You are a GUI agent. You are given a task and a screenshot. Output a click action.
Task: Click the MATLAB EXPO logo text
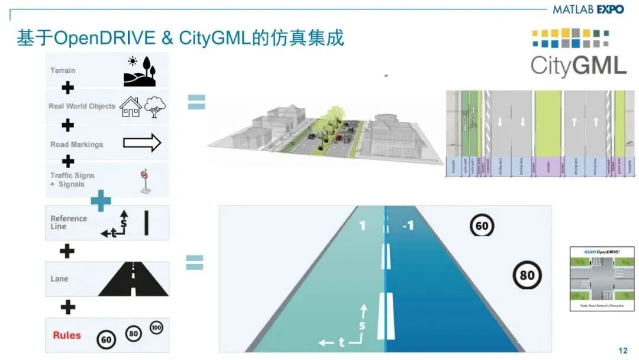click(x=588, y=9)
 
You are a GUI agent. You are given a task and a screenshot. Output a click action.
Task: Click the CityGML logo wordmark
click(x=578, y=65)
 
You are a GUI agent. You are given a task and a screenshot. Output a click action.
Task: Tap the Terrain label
click(x=63, y=70)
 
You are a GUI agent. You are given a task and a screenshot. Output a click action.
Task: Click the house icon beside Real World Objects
click(x=130, y=107)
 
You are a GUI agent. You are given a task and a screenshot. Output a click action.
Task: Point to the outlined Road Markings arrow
click(x=142, y=143)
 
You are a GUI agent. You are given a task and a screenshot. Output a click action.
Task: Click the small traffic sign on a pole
click(x=143, y=181)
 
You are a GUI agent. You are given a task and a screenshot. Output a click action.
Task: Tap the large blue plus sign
click(x=101, y=201)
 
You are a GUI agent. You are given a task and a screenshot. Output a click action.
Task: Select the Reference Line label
click(x=68, y=222)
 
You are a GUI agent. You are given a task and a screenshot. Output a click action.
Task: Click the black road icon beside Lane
click(x=133, y=279)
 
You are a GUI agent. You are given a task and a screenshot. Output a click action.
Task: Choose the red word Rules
click(x=67, y=335)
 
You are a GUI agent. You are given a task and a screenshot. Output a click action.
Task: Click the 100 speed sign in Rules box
click(x=156, y=327)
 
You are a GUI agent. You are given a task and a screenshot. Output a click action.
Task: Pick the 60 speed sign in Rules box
click(x=106, y=339)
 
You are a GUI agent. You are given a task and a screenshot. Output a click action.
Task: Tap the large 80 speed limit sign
click(x=527, y=275)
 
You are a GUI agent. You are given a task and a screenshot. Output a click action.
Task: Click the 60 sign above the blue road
click(x=482, y=226)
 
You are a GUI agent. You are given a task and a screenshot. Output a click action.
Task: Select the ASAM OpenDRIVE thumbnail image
click(x=601, y=278)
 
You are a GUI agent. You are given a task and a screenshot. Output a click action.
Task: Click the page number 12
click(x=622, y=351)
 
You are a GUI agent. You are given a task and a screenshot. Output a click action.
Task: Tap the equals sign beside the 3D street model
click(x=196, y=102)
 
